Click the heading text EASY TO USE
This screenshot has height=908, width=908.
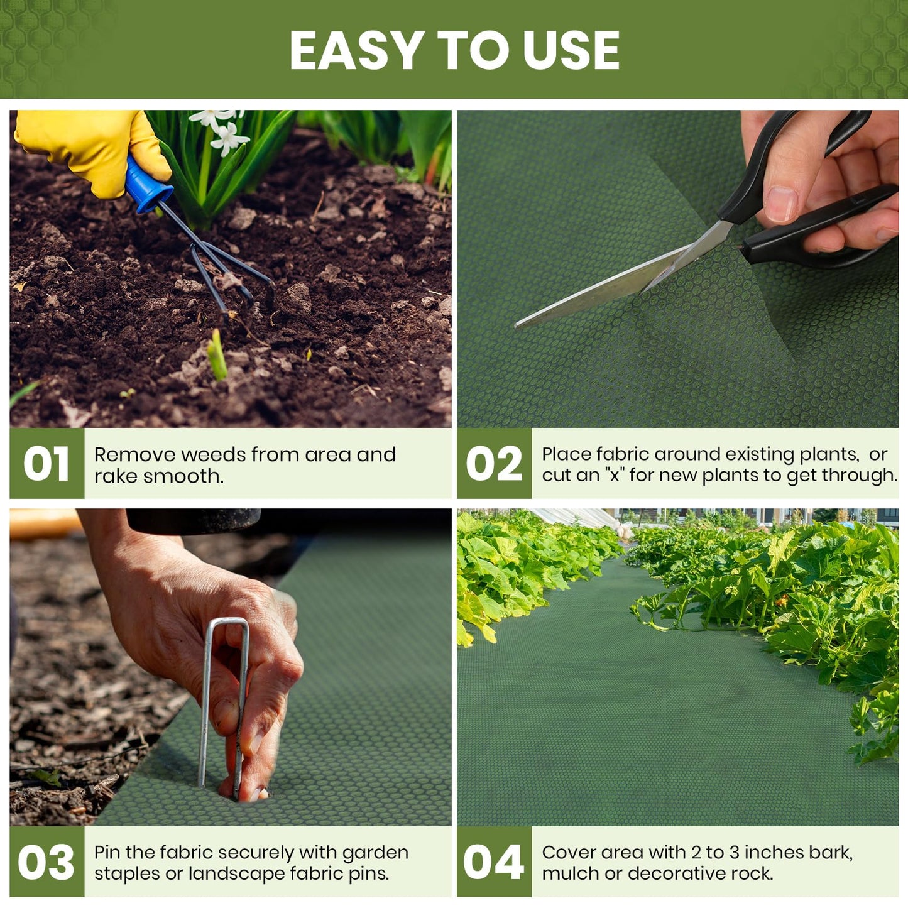(454, 50)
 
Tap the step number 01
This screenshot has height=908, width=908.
(46, 464)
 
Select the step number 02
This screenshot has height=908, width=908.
(494, 464)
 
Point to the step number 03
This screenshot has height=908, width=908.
(46, 862)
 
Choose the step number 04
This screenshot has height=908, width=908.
(494, 862)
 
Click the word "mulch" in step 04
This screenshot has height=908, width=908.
(570, 873)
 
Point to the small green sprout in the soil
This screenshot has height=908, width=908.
(217, 356)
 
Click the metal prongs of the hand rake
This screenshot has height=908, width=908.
(232, 276)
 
